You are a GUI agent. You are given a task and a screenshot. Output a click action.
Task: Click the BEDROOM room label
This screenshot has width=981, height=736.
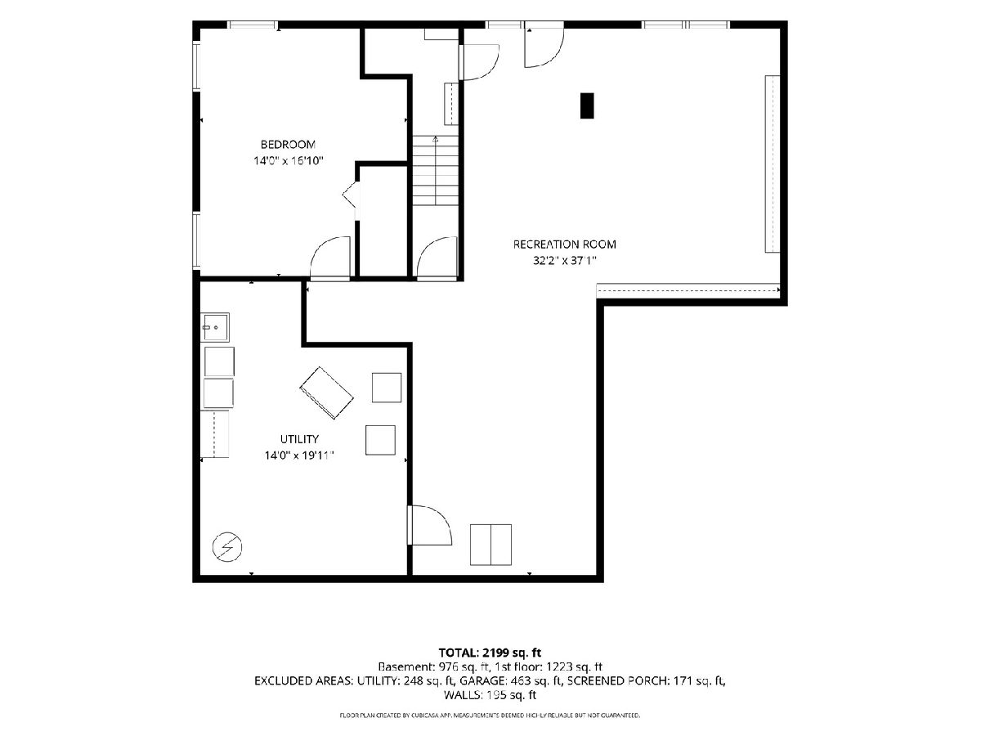click(x=288, y=145)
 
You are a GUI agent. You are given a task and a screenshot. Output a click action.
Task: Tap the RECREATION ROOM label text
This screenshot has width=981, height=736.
click(x=564, y=245)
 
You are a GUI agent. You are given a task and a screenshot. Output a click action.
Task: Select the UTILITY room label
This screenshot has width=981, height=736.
click(x=299, y=439)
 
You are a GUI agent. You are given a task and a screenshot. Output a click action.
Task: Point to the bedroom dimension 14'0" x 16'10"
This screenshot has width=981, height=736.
click(x=289, y=160)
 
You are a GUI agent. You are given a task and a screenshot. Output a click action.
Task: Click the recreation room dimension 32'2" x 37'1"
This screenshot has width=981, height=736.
click(x=565, y=261)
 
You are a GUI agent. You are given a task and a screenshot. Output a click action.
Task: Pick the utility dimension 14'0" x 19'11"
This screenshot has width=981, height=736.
click(x=299, y=456)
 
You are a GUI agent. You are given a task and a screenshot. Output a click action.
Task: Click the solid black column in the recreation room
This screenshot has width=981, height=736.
click(x=587, y=105)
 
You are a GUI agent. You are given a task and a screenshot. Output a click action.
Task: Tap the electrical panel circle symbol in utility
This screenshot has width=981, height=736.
click(x=227, y=547)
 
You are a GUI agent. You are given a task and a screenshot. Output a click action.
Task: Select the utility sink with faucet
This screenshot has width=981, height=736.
click(x=214, y=327)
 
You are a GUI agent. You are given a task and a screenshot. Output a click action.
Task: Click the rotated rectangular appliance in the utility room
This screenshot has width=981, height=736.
click(x=327, y=393)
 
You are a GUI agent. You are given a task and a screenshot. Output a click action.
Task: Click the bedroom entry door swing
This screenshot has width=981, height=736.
click(x=329, y=258)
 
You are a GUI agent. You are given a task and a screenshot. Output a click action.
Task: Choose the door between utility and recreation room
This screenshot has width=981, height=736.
click(x=429, y=525)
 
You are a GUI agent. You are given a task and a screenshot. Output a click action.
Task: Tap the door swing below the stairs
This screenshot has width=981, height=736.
click(x=437, y=258)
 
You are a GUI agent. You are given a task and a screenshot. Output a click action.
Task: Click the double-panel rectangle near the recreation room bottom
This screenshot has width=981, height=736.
click(x=490, y=545)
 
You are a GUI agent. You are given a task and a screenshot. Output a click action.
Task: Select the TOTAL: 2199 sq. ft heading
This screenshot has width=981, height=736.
click(x=490, y=653)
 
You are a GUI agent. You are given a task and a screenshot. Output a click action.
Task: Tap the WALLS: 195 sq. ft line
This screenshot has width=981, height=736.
click(x=490, y=695)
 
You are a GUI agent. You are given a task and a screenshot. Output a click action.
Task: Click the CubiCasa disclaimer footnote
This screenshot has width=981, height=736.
click(x=490, y=716)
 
